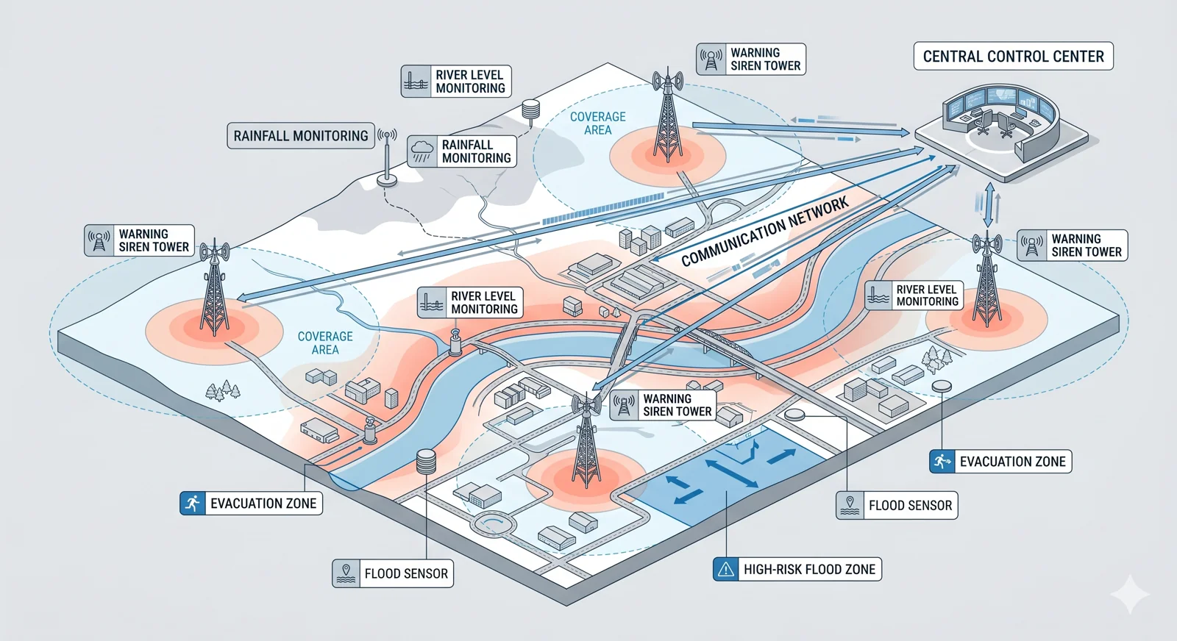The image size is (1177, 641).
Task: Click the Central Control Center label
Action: click(1013, 57)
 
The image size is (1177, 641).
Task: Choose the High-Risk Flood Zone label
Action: click(797, 569)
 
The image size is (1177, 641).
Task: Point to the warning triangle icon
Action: click(726, 569)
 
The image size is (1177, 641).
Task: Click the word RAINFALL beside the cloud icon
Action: click(467, 145)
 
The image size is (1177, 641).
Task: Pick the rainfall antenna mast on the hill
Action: click(387, 158)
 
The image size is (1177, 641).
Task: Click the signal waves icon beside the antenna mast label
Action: click(387, 135)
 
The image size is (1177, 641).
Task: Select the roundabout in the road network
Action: click(494, 524)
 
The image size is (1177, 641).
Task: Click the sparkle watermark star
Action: click(1130, 594)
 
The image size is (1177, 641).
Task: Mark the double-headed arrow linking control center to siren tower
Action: click(989, 204)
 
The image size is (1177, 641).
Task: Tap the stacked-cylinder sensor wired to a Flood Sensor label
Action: click(426, 462)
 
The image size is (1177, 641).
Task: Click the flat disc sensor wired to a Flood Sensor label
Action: click(795, 415)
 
